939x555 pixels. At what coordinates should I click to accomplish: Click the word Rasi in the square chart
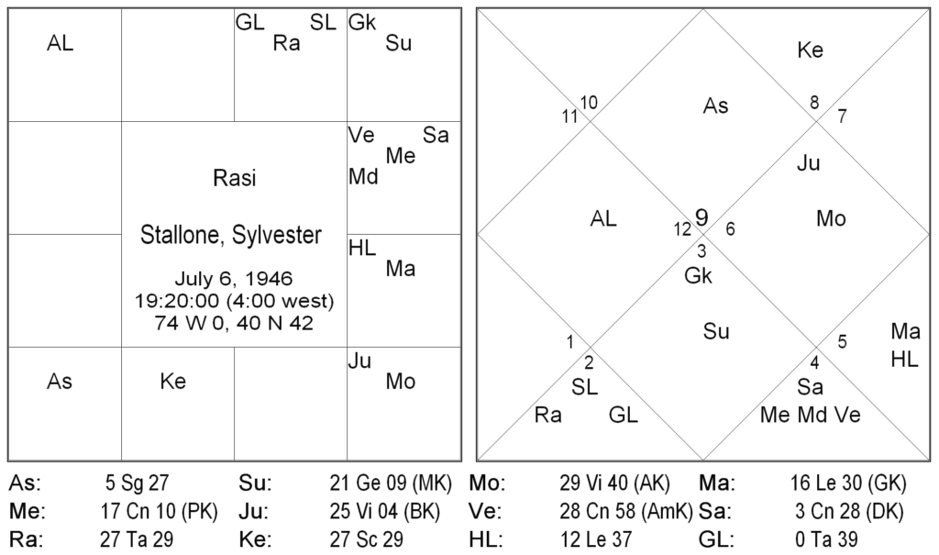coord(234,179)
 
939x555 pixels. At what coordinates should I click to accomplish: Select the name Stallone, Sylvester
coord(231,235)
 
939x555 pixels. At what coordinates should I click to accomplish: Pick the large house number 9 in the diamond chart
coord(701,217)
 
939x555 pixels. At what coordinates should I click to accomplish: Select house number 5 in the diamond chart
coord(842,342)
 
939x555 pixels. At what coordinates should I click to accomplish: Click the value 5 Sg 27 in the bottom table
coord(138,482)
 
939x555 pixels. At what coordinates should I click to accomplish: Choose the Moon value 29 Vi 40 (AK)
coord(614,482)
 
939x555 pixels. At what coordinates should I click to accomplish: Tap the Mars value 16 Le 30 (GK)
coord(846,482)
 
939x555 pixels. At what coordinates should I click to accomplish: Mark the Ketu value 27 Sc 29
coord(366,538)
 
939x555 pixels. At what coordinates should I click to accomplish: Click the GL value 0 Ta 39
coord(826,538)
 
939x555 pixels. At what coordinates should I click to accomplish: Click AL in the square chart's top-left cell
coord(61,43)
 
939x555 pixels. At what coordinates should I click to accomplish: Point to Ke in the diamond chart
coord(811,50)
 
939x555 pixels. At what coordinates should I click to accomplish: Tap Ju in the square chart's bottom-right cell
coord(359,361)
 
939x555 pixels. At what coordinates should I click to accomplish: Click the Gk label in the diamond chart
coord(698,275)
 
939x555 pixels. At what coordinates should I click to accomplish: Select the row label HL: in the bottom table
coord(484,538)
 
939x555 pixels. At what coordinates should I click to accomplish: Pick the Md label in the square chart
coord(364,176)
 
